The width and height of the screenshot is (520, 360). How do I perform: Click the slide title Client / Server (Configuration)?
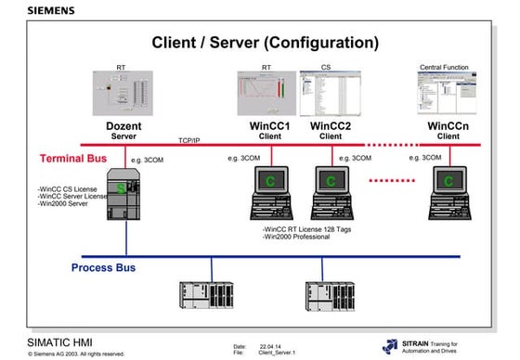265,43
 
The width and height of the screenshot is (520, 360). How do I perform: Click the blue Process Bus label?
104,268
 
